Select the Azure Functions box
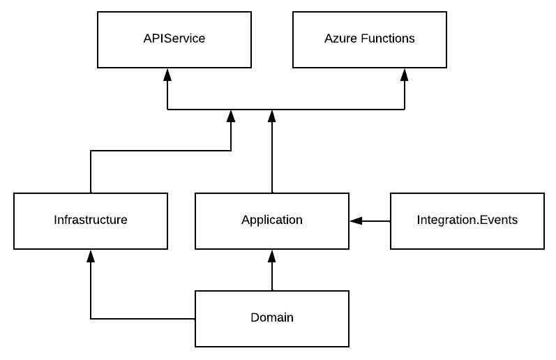pyautogui.click(x=369, y=39)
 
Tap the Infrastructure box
pyautogui.click(x=91, y=220)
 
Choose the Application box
pyautogui.click(x=271, y=220)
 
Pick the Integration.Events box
pyautogui.click(x=467, y=220)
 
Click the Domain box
pyautogui.click(x=271, y=318)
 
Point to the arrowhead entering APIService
pyautogui.click(x=167, y=74)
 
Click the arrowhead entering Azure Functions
pyautogui.click(x=405, y=74)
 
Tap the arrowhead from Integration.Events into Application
pyautogui.click(x=356, y=221)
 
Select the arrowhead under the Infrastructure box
pyautogui.click(x=91, y=256)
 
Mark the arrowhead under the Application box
pyautogui.click(x=272, y=256)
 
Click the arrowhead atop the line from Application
pyautogui.click(x=272, y=116)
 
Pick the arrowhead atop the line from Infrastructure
pyautogui.click(x=230, y=116)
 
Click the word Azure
pyautogui.click(x=340, y=39)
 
